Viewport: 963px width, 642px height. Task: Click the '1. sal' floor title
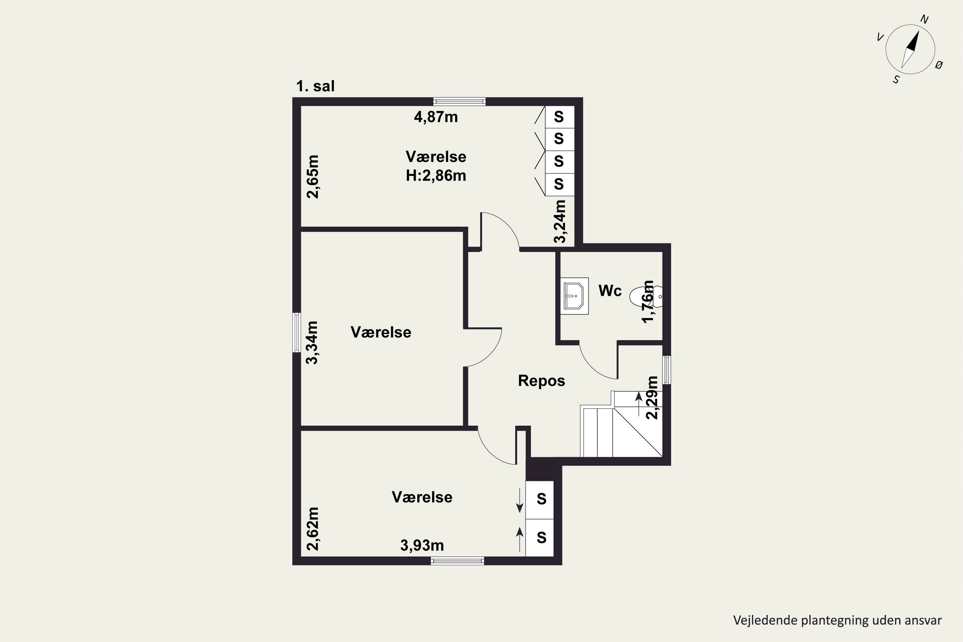point(315,86)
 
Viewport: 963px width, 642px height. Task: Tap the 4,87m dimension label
point(436,117)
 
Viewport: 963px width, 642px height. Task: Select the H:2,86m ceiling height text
point(436,176)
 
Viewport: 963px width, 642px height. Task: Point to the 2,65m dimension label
point(313,177)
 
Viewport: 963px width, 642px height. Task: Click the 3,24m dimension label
point(560,221)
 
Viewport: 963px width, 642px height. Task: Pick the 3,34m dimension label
point(312,343)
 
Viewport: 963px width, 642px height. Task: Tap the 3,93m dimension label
point(422,545)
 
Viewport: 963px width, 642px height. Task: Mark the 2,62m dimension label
point(313,529)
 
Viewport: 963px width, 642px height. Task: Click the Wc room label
point(610,291)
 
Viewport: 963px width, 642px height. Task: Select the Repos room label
point(541,381)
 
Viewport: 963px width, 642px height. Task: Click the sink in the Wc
point(575,296)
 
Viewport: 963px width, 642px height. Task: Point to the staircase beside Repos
point(621,424)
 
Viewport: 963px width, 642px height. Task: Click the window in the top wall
point(460,101)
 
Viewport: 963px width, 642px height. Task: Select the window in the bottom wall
point(457,561)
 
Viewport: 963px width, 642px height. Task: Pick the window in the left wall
point(296,333)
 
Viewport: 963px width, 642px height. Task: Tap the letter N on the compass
point(924,19)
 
